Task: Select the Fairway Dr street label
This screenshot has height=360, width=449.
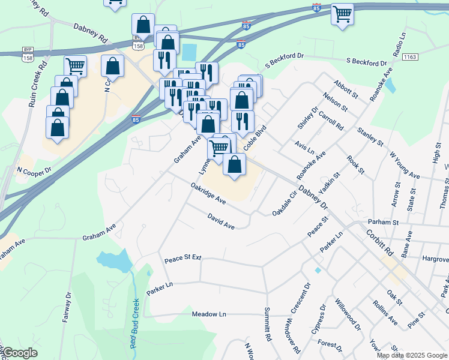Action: [67, 307]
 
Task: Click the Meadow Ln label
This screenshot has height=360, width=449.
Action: [209, 314]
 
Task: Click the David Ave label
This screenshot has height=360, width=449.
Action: [220, 221]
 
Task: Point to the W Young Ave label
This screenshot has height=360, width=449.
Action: [404, 164]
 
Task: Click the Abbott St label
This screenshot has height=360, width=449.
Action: [346, 91]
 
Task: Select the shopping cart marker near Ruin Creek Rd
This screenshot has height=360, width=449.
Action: [75, 65]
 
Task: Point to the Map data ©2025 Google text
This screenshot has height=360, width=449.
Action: [412, 355]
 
